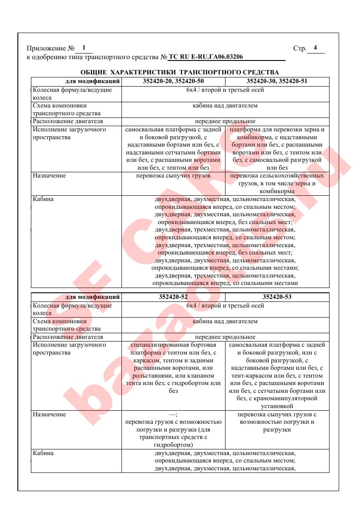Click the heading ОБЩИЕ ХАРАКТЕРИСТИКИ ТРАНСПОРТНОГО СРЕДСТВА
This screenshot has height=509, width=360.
pyautogui.click(x=180, y=72)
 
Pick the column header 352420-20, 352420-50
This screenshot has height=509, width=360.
pyautogui.click(x=173, y=81)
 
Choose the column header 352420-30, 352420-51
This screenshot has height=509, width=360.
pyautogui.click(x=277, y=81)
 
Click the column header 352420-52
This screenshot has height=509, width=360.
pyautogui.click(x=173, y=297)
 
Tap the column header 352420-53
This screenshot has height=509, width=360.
pyautogui.click(x=277, y=297)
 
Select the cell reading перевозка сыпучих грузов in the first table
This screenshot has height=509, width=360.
pyautogui.click(x=173, y=176)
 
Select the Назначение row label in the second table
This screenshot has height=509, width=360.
pyautogui.click(x=49, y=414)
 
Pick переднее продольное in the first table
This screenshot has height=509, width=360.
pyautogui.click(x=225, y=121)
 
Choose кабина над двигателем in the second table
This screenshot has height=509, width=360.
pyautogui.click(x=225, y=321)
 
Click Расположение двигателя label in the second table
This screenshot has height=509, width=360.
pyautogui.click(x=68, y=337)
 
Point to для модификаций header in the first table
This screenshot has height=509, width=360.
pyautogui.click(x=92, y=81)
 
